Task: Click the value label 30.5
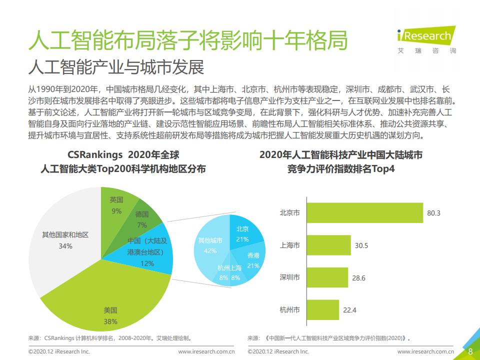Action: pos(361,245)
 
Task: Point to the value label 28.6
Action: pos(358,278)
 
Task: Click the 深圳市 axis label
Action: pos(290,277)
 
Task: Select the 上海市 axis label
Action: pos(290,245)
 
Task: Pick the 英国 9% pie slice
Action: pos(118,205)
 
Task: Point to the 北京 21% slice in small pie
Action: pos(244,232)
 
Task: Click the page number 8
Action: pos(470,351)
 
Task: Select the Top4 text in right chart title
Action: pos(383,169)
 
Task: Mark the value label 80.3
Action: pos(433,213)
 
